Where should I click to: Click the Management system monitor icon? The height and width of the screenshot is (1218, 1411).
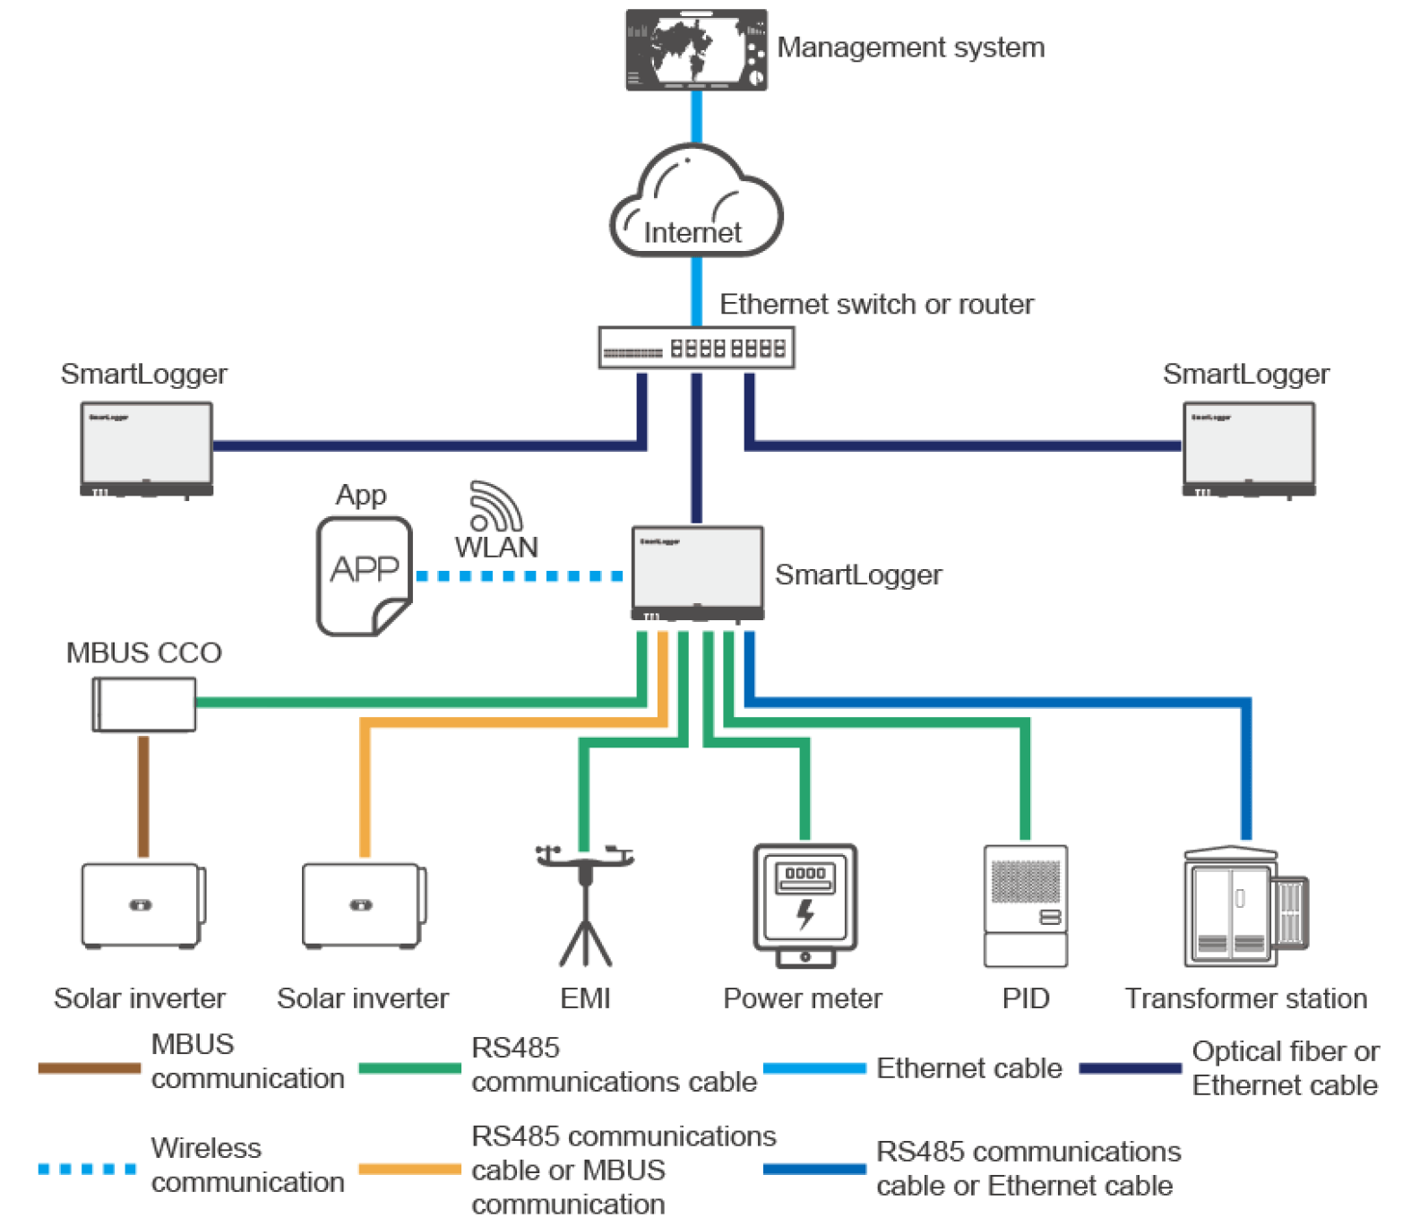click(696, 50)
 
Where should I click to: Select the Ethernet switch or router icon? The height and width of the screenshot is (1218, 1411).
click(696, 348)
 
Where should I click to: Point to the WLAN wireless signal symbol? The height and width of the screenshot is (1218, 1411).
click(495, 506)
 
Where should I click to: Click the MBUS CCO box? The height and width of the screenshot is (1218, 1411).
click(144, 704)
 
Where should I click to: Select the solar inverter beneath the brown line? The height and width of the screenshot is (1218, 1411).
click(142, 905)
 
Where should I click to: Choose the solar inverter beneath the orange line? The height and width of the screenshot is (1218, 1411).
click(363, 905)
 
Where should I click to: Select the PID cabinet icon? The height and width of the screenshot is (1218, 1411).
click(1025, 905)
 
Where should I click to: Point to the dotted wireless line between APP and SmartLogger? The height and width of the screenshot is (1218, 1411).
click(520, 575)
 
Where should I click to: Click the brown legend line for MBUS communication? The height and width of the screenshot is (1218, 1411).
click(90, 1067)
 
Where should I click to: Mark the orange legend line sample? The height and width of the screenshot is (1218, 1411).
click(409, 1169)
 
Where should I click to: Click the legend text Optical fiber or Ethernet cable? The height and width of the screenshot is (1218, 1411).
click(1285, 1067)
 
